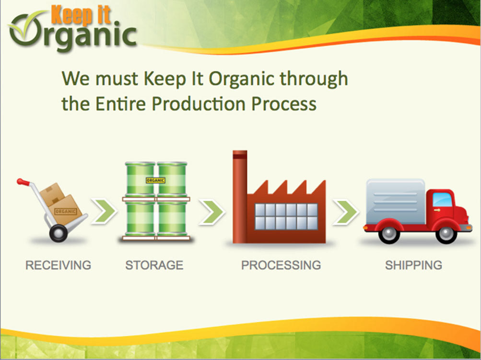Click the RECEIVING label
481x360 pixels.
click(59, 265)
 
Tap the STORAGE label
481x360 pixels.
click(154, 265)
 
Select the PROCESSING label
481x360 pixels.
click(281, 265)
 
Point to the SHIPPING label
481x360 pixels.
click(413, 265)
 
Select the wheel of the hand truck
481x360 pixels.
click(59, 233)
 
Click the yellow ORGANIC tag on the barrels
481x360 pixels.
click(155, 180)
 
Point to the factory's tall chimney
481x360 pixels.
click(240, 197)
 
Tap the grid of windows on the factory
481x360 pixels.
click(286, 217)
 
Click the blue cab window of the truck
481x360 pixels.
click(442, 200)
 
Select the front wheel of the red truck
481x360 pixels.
click(446, 234)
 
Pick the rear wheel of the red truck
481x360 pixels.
click(389, 234)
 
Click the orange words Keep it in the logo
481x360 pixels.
click(81, 15)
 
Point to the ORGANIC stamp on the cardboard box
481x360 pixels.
click(65, 211)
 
